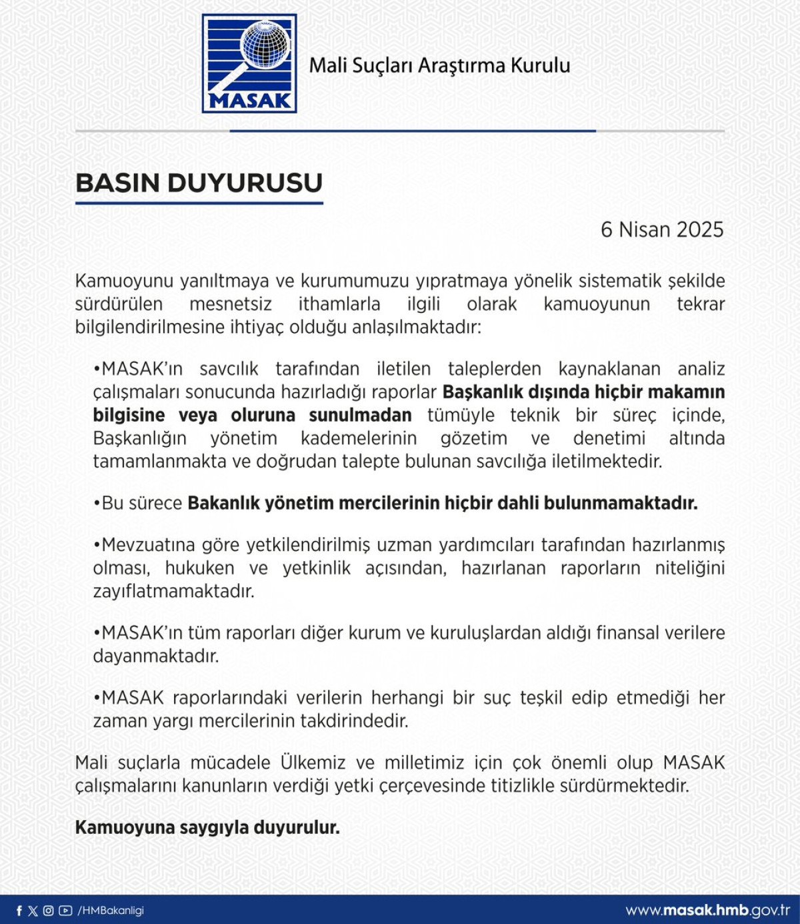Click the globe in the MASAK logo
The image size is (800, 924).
pos(265,45)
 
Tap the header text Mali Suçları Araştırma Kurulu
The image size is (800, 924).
pos(439,65)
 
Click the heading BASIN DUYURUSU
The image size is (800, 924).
pos(199,183)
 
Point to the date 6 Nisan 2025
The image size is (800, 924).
pos(661,229)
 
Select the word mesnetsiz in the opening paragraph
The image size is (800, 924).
pos(231,304)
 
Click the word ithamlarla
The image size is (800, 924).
pos(339,304)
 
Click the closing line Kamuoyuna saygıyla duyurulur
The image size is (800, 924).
pos(207,828)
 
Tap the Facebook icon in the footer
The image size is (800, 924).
pos(19,911)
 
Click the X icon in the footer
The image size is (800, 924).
pos(33,911)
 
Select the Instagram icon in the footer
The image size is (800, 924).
pos(49,911)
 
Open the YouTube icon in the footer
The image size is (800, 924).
pos(65,911)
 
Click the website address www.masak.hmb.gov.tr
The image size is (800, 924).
pos(707,911)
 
